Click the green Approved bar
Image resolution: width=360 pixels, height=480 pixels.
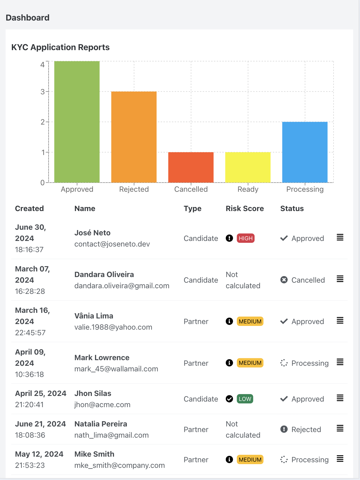click(77, 122)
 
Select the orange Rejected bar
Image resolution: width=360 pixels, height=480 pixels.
click(134, 137)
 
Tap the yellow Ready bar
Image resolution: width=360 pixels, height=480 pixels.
click(248, 167)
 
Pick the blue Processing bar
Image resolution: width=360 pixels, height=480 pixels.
click(305, 152)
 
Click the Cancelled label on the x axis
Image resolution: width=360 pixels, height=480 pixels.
click(191, 189)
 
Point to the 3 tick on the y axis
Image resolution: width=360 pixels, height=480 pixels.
click(42, 92)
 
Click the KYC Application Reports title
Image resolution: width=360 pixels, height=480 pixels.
click(60, 47)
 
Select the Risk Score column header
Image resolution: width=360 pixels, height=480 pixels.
click(245, 208)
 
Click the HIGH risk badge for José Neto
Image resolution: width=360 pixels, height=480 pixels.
click(246, 238)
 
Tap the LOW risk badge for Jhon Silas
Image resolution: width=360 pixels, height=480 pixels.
click(245, 399)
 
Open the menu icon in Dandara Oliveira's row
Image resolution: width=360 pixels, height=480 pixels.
click(340, 279)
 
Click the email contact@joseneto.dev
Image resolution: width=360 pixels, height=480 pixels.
click(112, 244)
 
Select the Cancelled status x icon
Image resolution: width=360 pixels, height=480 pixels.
click(284, 280)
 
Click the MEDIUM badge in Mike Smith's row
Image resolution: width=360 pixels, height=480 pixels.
click(250, 459)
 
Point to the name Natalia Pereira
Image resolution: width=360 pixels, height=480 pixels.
click(101, 424)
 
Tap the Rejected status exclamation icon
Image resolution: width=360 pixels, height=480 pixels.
click(284, 429)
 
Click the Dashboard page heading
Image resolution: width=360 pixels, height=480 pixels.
click(27, 18)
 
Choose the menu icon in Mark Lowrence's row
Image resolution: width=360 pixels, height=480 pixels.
click(340, 362)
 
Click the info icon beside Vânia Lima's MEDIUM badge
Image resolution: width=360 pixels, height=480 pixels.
click(229, 321)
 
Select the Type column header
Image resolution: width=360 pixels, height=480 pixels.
click(192, 209)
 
